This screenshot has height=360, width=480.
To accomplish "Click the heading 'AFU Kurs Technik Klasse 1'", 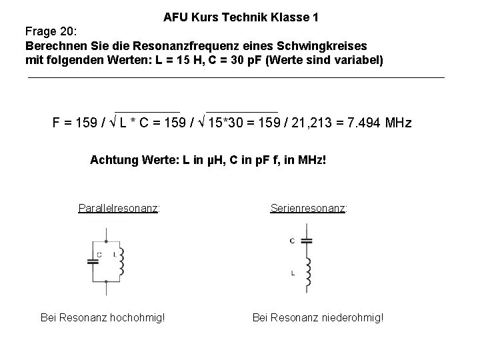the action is pyautogui.click(x=241, y=18).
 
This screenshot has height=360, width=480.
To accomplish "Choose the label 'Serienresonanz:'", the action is pyautogui.click(x=309, y=208).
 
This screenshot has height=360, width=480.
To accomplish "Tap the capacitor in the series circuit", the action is pyautogui.click(x=307, y=241).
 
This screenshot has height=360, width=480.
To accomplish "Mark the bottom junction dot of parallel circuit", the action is pyautogui.click(x=107, y=281).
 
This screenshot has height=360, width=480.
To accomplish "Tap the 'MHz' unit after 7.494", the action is pyautogui.click(x=398, y=123).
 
